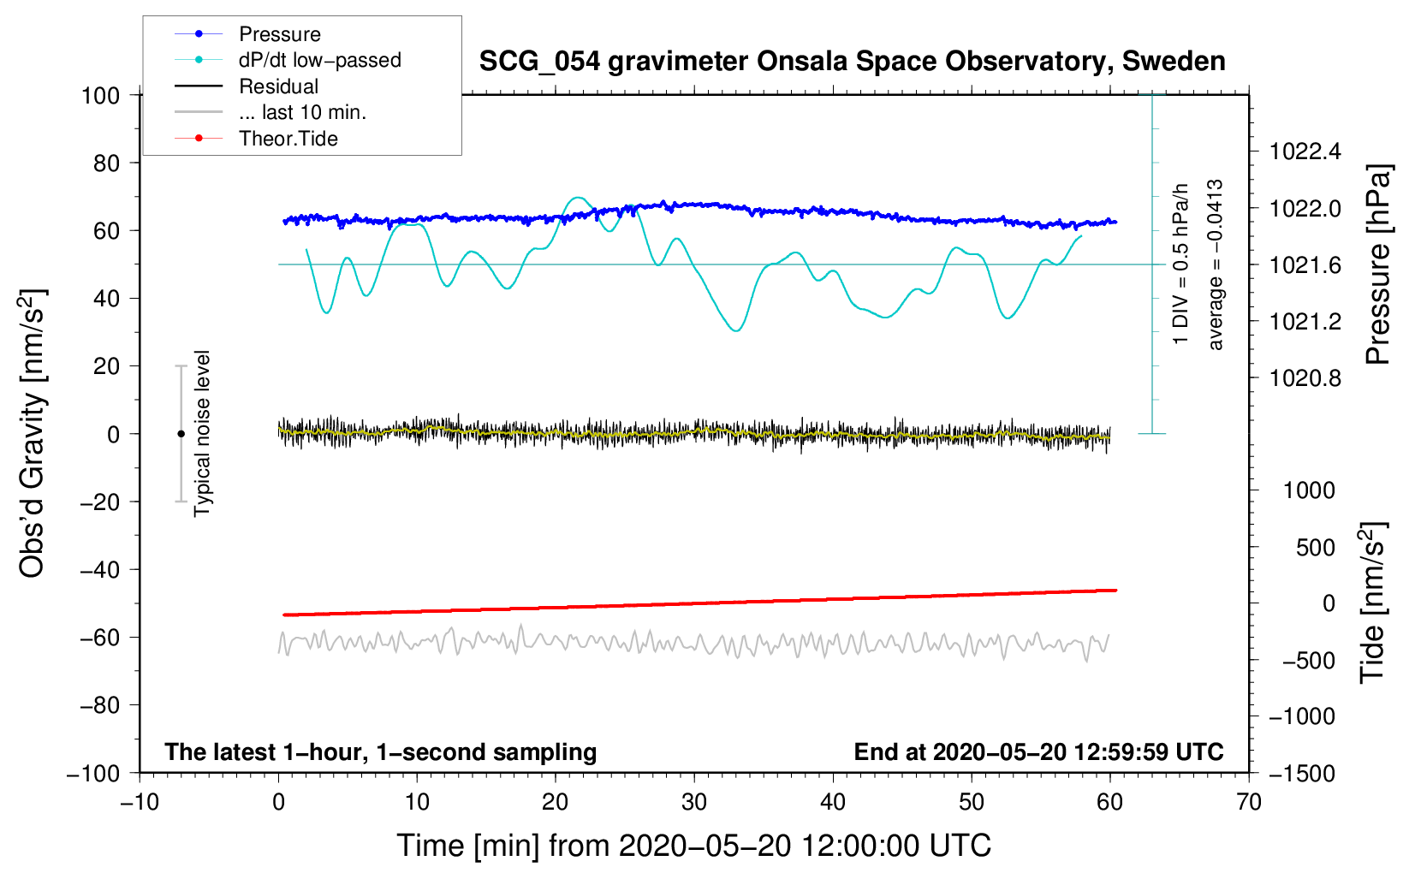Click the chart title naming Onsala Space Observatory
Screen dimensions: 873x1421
[x=852, y=62]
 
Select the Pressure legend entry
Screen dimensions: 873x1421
[x=279, y=34]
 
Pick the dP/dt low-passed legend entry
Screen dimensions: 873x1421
[x=319, y=60]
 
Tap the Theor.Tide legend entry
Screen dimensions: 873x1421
[x=288, y=139]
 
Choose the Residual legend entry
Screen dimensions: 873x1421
[x=278, y=86]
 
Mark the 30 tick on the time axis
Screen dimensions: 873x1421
[x=694, y=802]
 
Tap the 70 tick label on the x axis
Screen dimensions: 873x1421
[x=1249, y=802]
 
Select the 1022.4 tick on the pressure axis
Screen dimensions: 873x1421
[x=1305, y=152]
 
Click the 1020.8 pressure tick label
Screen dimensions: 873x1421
[x=1305, y=378]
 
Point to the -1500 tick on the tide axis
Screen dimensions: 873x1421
[x=1301, y=774]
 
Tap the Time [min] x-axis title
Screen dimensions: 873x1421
[x=693, y=846]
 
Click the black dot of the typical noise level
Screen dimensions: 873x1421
[x=181, y=434]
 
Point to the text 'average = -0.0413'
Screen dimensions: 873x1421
[x=1215, y=265]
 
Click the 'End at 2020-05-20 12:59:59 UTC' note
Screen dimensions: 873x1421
[x=1038, y=752]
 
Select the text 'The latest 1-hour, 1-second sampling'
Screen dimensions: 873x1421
[x=381, y=752]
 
